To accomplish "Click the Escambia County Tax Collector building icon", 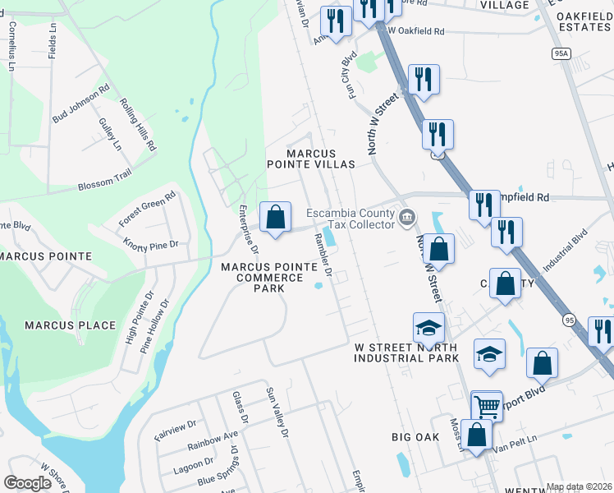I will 407,218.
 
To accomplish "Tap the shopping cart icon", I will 486,405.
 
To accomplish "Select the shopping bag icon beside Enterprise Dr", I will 277,218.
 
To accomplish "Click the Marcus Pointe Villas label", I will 320,159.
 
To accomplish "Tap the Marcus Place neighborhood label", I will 70,325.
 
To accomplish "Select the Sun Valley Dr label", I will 278,412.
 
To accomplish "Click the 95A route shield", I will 561,53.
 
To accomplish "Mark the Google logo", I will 27,483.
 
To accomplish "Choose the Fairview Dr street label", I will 176,430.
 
